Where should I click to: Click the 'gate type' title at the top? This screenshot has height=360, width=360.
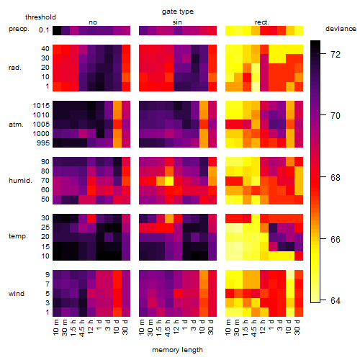178,12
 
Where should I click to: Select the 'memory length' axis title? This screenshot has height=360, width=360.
177,350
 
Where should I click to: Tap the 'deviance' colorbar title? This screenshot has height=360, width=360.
341,29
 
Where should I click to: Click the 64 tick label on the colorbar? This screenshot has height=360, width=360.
336,300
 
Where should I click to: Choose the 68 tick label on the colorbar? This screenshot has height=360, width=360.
336,178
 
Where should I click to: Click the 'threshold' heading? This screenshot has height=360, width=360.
40,17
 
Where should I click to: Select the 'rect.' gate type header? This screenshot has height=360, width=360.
261,22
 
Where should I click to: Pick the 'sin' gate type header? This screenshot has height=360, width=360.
177,22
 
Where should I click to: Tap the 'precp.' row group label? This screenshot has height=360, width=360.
19,29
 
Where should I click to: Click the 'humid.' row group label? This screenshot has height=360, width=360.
20,180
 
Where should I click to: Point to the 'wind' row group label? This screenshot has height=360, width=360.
17,294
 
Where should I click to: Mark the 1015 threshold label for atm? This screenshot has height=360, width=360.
41,106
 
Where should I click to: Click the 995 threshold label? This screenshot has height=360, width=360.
43,143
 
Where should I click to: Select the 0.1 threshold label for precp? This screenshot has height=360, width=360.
44,30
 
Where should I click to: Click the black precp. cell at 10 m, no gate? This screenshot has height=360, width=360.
57,30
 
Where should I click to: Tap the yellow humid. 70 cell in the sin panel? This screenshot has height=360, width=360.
169,181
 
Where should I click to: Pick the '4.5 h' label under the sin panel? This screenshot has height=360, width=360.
168,328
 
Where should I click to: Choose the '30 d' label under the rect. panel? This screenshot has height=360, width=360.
297,327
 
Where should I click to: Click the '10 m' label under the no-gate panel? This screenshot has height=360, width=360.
55,328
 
